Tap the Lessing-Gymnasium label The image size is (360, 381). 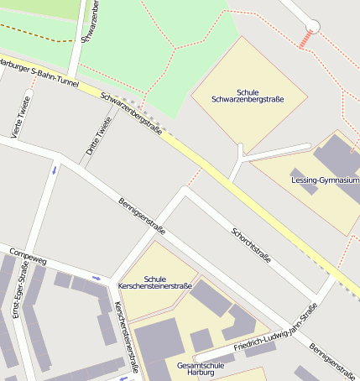click(325, 180)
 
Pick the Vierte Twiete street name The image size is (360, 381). click(19, 120)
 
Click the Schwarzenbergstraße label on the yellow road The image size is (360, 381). click(132, 111)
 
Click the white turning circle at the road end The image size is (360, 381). click(313, 26)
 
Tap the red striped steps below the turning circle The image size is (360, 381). click(307, 39)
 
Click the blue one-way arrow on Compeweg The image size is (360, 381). click(97, 278)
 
